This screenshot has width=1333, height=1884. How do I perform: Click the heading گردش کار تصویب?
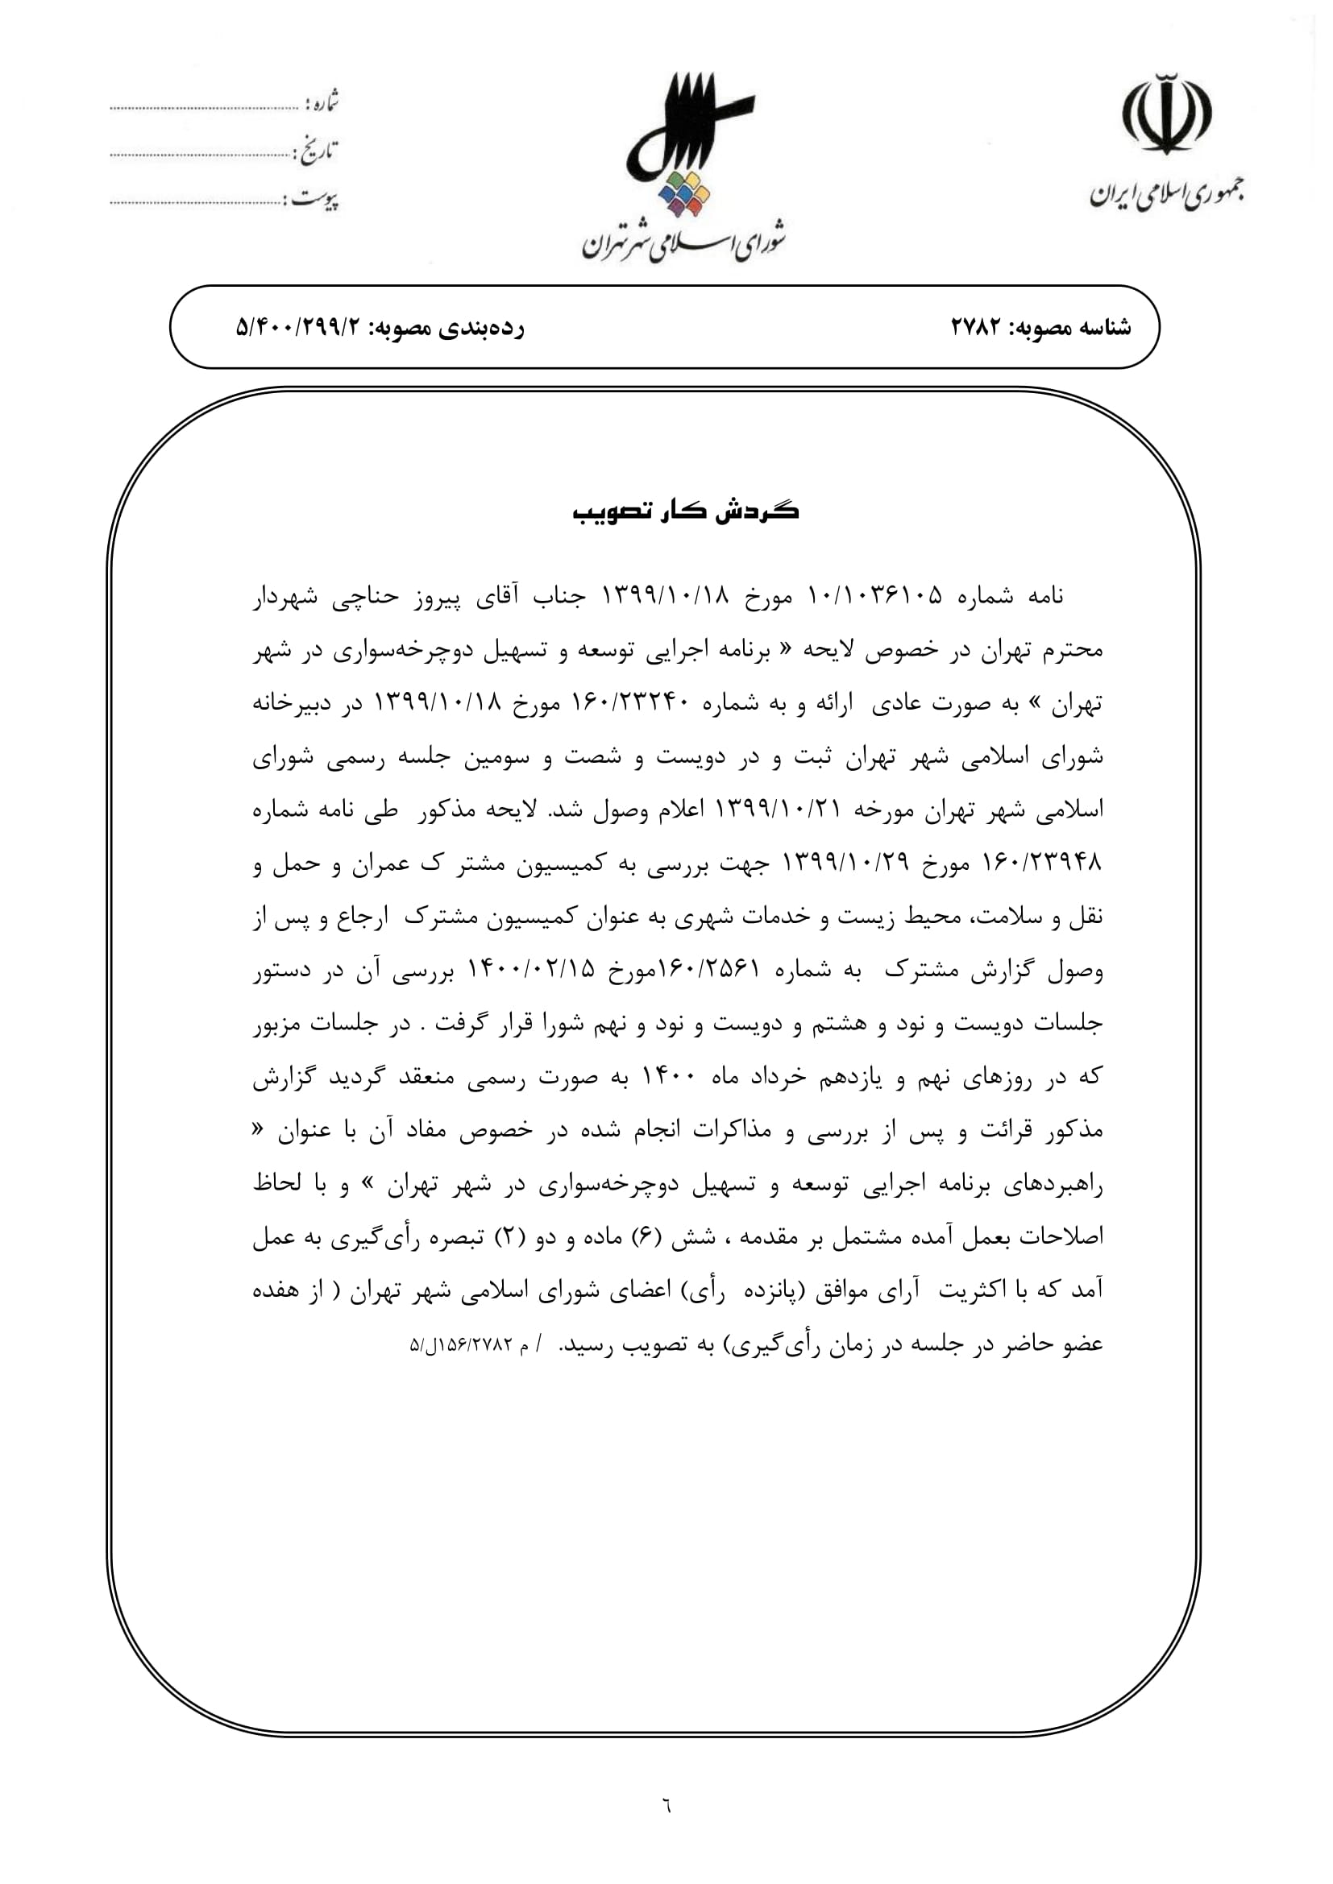click(685, 512)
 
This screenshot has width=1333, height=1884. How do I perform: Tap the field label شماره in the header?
click(322, 103)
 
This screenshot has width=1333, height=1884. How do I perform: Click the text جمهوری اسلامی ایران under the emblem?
click(1165, 195)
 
